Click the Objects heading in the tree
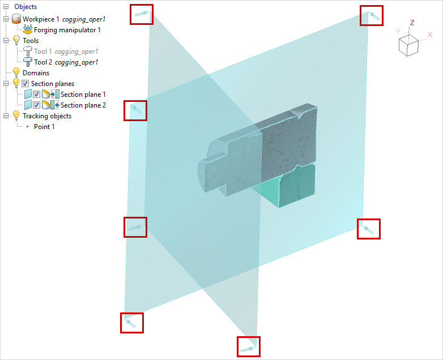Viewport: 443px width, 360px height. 25,7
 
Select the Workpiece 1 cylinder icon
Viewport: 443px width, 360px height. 16,19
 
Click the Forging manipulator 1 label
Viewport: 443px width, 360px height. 67,30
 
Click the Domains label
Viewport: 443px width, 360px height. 36,73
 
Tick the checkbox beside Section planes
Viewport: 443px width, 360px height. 25,84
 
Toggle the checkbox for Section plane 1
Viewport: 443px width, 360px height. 36,95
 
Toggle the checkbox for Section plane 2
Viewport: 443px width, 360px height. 36,105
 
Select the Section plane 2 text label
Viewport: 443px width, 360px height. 83,105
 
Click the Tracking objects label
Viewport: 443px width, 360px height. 47,116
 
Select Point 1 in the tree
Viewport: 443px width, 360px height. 44,127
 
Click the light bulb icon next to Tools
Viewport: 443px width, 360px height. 16,40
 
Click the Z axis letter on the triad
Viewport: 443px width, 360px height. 412,23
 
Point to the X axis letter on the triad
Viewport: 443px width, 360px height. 430,35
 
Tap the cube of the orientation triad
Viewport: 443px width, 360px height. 408,45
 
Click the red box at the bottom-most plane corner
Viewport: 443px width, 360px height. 249,346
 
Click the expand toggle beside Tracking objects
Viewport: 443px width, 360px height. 6,116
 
